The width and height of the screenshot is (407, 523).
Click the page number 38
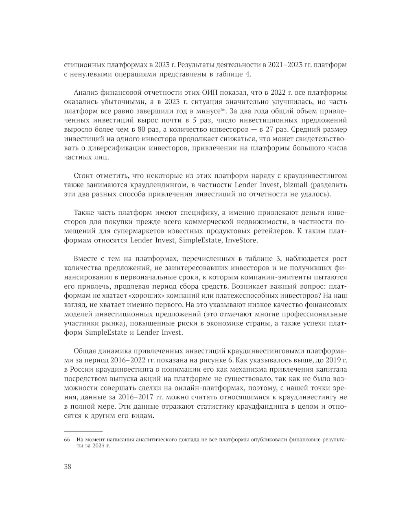point(68,466)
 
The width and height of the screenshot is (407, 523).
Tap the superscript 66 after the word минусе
point(222,110)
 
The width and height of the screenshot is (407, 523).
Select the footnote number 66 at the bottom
point(67,440)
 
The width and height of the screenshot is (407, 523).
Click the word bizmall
point(291,185)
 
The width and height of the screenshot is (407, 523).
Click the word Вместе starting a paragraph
point(86,259)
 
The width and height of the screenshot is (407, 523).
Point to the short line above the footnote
point(83,431)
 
